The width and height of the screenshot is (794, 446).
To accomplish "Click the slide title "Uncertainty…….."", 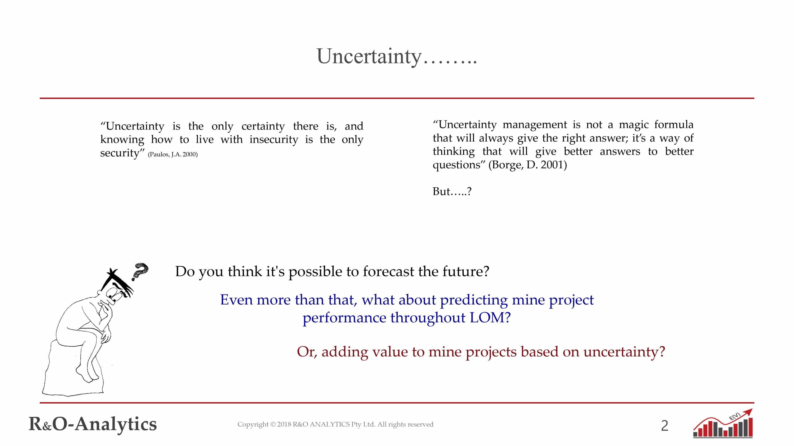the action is point(396,56).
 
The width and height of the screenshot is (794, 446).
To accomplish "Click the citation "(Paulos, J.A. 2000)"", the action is point(173,154).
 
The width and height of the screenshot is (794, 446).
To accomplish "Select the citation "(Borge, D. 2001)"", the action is point(528,165).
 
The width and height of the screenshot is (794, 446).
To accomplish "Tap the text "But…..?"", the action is point(452,191).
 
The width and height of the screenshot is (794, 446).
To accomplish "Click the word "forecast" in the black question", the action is point(388,271).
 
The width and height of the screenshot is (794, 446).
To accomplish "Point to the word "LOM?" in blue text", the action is point(490,317).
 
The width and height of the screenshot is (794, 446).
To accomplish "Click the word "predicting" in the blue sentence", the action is point(474,300).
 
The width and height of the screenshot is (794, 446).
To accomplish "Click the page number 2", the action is point(665,426).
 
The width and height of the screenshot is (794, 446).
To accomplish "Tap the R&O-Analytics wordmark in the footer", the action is point(93,424).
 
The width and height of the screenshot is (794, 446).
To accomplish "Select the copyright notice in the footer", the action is point(335,424).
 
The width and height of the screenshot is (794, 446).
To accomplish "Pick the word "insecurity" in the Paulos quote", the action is point(274,139).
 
